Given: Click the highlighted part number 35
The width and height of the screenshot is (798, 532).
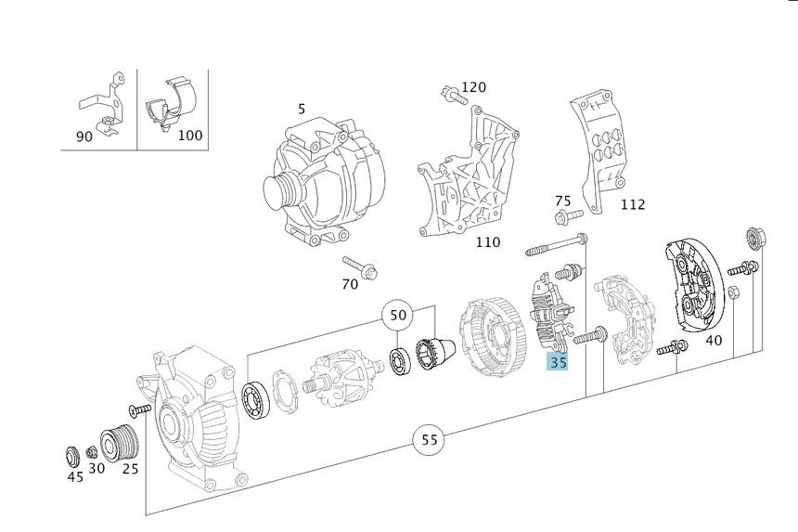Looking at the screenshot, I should tap(558, 362).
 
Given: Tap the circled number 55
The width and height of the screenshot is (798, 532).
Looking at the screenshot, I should tap(429, 439).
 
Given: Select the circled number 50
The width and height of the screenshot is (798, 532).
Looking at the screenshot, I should tap(398, 316).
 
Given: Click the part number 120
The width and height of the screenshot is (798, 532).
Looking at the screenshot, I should tap(473, 87).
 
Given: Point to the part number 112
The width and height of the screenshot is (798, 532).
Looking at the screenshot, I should tap(632, 204).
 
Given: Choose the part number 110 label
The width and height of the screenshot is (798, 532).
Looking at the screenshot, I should tap(487, 242).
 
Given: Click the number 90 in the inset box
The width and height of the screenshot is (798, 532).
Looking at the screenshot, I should tap(84, 136).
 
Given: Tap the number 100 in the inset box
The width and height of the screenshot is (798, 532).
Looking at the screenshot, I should tap(189, 136).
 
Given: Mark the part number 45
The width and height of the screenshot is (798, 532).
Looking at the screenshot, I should tap(75, 476).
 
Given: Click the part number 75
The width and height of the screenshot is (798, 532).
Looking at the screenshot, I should tap(563, 201).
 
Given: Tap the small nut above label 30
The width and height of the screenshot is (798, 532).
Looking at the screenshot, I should tap(92, 452).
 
